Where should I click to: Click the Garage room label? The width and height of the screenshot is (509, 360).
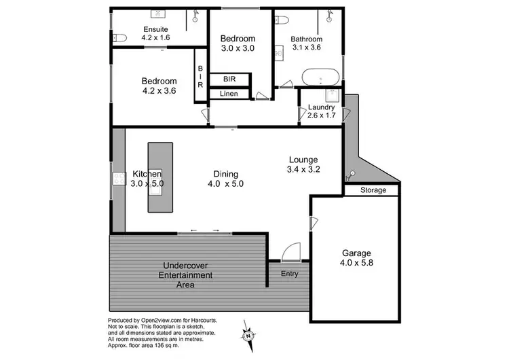coord(356,253)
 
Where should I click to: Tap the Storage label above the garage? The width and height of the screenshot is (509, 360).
coord(373,191)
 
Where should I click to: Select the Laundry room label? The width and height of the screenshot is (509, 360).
coord(321,107)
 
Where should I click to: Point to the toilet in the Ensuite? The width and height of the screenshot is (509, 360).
coord(117,37)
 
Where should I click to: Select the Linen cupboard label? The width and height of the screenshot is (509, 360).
coord(229,94)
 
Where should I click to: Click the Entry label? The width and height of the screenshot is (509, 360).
coord(290,273)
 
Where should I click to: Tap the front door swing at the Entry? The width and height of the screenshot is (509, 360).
coord(290,253)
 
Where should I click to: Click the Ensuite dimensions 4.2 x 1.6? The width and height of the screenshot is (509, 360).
coord(156,37)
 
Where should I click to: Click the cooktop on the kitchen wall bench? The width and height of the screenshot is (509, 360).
coord(119,179)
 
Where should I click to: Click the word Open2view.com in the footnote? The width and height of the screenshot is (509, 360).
coord(157,321)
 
